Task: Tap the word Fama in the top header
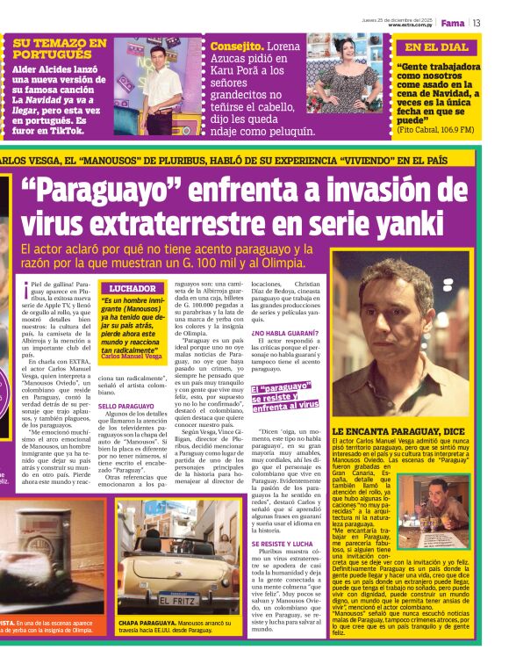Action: [x=453, y=22]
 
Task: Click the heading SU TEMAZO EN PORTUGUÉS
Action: [x=60, y=47]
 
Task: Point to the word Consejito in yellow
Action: [x=236, y=46]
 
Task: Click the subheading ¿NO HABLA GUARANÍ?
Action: [x=285, y=333]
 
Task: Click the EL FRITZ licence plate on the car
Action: [x=176, y=600]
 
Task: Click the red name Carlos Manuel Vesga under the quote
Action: [x=131, y=356]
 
